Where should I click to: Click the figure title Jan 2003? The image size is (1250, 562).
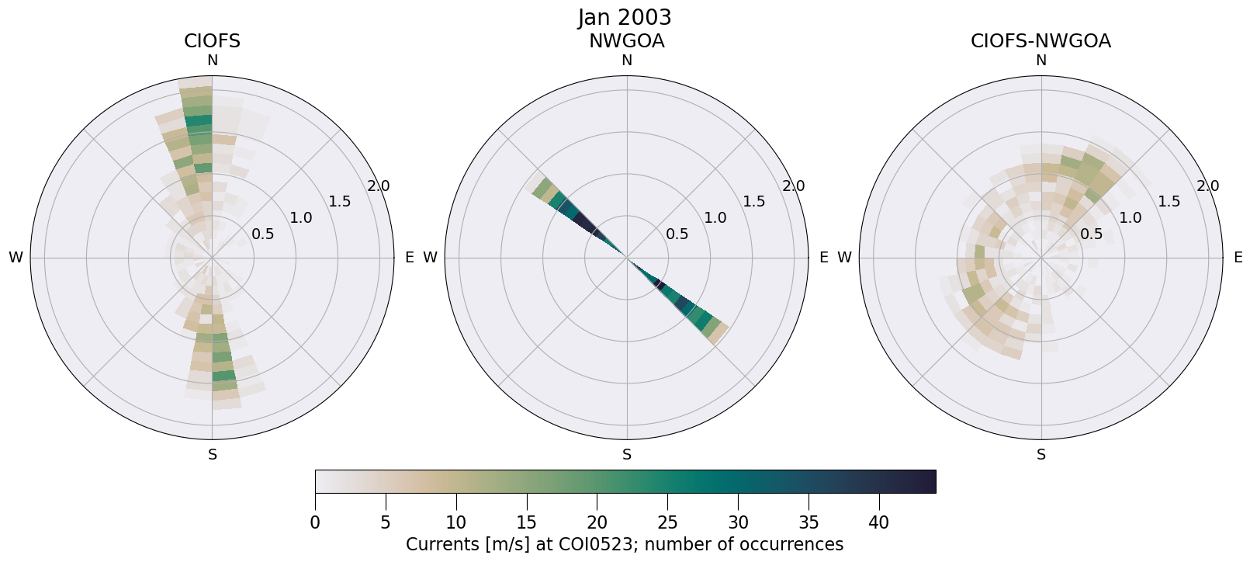click(625, 17)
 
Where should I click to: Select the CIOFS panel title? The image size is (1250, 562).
click(212, 41)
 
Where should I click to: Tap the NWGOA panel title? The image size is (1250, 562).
click(626, 41)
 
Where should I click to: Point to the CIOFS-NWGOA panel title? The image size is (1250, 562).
click(1041, 41)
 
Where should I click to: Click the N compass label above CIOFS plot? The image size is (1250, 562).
click(212, 61)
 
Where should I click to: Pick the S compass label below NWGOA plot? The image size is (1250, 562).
click(627, 455)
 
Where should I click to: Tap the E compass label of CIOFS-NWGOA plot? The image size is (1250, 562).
click(1238, 258)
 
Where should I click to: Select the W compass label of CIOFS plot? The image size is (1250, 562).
click(16, 258)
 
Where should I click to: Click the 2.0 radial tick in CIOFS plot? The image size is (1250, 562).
click(379, 186)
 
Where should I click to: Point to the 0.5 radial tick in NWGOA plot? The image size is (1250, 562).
click(677, 234)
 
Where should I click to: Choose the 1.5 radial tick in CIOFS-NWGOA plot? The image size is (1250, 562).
click(1169, 202)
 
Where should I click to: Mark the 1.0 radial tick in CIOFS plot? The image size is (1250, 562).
click(301, 217)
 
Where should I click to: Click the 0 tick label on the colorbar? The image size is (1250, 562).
click(315, 522)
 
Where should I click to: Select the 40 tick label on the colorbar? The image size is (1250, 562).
click(879, 522)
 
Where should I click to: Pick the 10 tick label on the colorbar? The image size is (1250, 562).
click(455, 522)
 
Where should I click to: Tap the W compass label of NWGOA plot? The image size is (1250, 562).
click(430, 258)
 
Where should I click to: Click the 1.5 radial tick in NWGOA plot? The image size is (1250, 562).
click(754, 202)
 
